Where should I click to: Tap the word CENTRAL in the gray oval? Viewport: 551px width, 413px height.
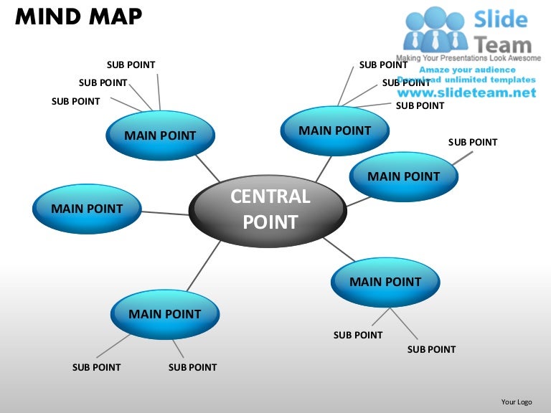(270, 196)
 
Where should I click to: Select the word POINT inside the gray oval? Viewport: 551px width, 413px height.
(270, 223)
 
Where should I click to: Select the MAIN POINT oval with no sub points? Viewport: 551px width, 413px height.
(87, 209)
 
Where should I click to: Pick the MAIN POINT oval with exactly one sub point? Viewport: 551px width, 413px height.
(403, 176)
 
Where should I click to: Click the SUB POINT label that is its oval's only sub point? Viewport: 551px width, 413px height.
(472, 142)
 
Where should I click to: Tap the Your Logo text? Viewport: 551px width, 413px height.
(517, 402)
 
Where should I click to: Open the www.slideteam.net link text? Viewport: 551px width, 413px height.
(466, 93)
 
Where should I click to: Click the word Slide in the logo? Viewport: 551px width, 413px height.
(501, 19)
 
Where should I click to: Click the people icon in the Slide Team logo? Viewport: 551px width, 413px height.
(435, 29)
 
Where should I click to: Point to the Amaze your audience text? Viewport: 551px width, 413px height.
(467, 70)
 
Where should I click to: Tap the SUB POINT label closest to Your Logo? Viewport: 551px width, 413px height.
(431, 349)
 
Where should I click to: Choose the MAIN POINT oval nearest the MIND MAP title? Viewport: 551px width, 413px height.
(160, 136)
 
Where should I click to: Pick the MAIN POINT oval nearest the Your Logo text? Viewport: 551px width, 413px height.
(385, 282)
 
